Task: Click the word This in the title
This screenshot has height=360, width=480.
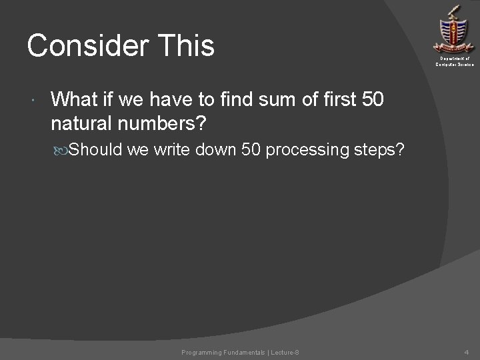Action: coord(189,45)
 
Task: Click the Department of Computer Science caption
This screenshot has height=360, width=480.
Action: coord(455,62)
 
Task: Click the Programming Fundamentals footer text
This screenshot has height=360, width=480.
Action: coord(240,352)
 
